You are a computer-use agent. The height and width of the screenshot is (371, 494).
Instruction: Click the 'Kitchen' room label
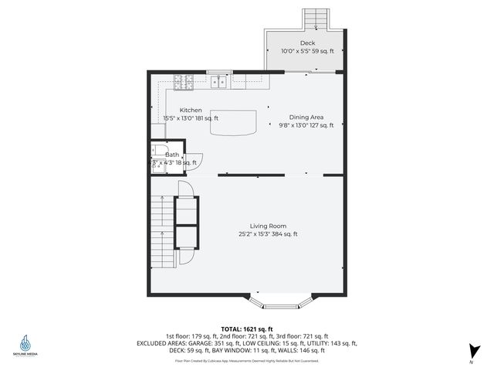pos(191,111)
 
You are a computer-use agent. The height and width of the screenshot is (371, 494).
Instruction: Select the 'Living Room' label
pos(268,226)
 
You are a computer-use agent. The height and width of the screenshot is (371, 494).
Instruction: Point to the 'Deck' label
pos(307,43)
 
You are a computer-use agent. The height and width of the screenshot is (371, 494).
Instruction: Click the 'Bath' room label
pos(172,155)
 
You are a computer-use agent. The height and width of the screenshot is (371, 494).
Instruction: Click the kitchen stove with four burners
pos(183,79)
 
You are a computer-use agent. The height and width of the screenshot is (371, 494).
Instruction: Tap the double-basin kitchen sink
pos(220,79)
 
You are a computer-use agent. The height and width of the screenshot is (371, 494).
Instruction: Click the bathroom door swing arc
pos(195,158)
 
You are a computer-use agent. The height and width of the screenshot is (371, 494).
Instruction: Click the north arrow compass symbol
pos(470,352)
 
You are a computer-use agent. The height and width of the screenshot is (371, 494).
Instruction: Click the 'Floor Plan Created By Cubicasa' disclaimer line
pos(246,360)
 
